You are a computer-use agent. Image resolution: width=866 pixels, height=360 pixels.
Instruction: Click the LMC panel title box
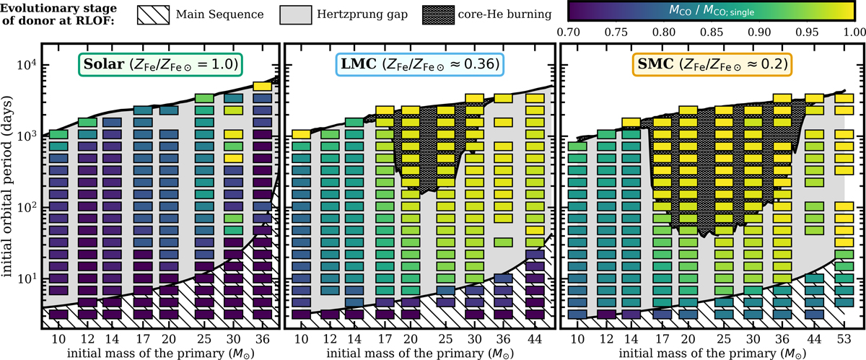(x=419, y=66)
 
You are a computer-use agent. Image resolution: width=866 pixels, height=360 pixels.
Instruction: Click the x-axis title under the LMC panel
(x=419, y=352)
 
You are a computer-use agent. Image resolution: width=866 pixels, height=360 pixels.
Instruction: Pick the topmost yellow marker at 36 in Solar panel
(x=263, y=86)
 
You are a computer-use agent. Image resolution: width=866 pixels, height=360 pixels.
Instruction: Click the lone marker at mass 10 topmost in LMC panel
(x=301, y=134)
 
